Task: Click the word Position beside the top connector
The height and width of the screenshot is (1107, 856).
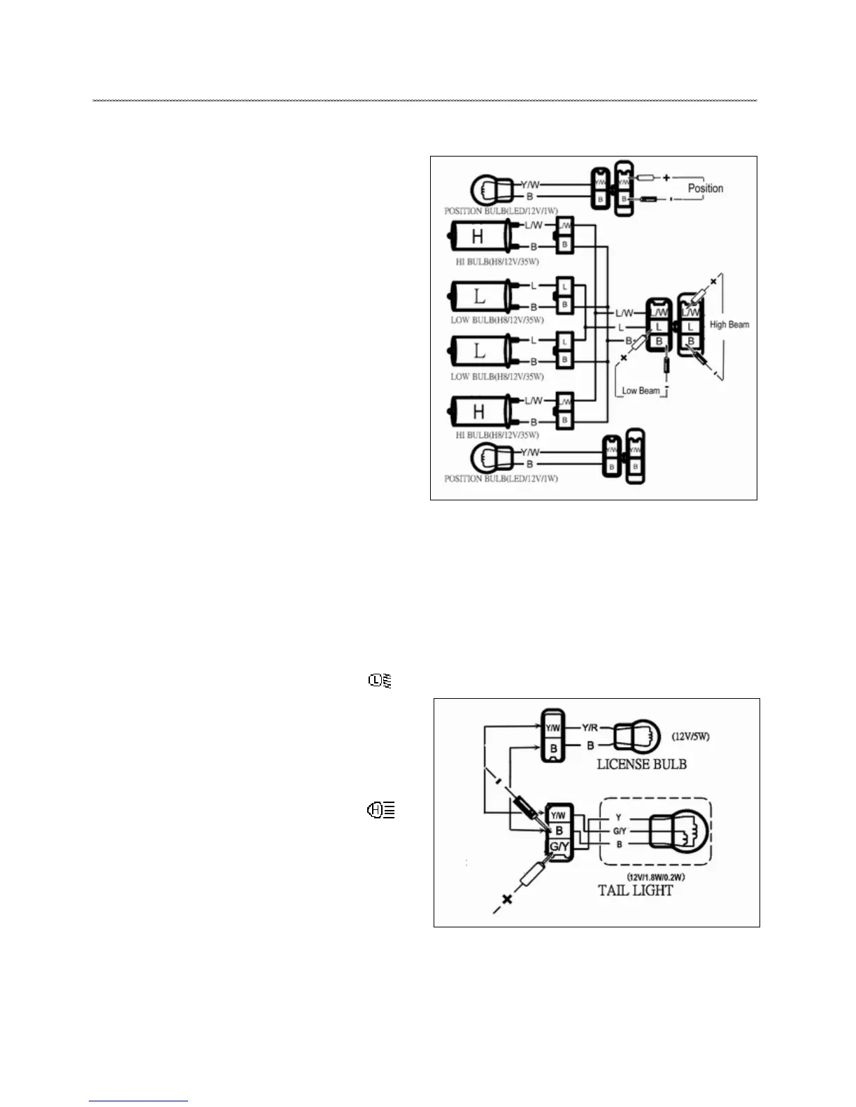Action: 705,188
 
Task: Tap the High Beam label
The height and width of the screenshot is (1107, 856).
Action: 729,324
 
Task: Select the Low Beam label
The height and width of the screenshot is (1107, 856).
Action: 641,391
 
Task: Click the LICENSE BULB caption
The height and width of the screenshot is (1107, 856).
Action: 641,764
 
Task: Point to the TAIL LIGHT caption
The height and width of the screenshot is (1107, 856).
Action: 635,890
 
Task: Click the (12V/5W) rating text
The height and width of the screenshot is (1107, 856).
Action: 691,737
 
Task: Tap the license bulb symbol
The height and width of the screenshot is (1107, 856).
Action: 636,735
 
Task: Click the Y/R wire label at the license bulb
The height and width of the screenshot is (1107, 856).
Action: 590,728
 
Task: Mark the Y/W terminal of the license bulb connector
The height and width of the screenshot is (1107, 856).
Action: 552,728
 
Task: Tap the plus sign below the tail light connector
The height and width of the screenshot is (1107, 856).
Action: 508,899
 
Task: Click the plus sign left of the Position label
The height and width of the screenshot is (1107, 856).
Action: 666,178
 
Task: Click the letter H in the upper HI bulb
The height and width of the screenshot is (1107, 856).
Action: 478,237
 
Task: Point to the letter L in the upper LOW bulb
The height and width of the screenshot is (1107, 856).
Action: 479,296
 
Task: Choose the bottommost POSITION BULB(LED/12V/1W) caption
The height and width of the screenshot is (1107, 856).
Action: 501,479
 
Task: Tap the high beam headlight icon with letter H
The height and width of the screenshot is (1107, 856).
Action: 381,811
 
